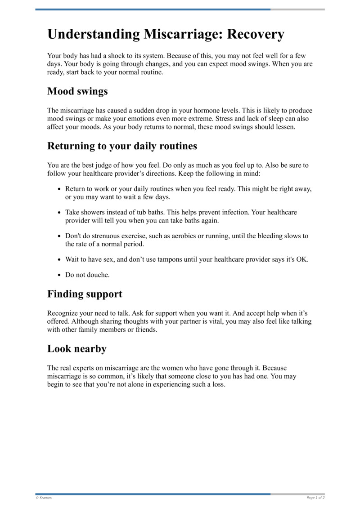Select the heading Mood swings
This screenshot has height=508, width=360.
[x=77, y=91]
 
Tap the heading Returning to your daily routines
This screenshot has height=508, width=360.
[x=122, y=146]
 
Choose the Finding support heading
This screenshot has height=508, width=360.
[x=85, y=294]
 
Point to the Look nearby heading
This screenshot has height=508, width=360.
[x=77, y=348]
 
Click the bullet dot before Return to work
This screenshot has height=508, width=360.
[x=59, y=189]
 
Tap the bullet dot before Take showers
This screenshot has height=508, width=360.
[x=59, y=213]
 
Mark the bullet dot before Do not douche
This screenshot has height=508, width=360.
[x=59, y=275]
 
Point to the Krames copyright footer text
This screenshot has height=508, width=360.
[x=44, y=498]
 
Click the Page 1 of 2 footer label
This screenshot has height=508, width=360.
[x=315, y=498]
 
